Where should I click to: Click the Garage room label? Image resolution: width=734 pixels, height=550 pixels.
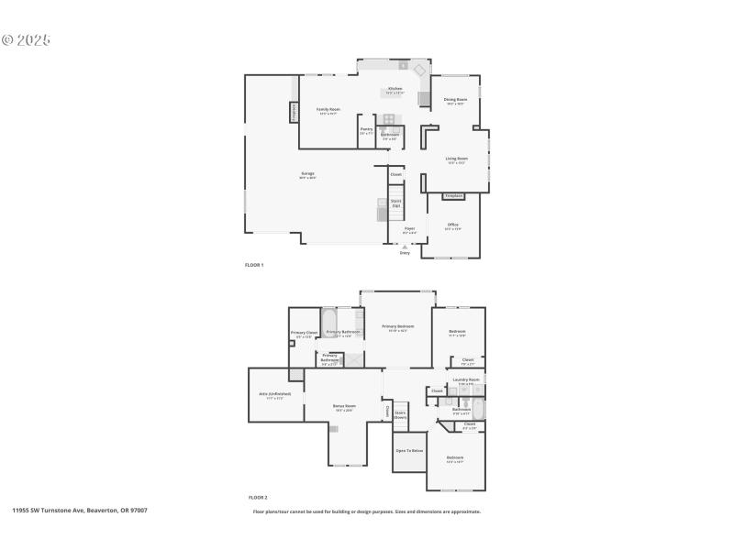307,173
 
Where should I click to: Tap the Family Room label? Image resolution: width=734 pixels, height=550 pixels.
328,109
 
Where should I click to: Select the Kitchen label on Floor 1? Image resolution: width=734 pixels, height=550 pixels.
395,89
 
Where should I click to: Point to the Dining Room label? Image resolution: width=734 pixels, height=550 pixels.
456,99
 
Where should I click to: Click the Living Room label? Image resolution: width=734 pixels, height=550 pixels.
457,159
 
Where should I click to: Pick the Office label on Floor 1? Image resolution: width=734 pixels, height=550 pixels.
452,225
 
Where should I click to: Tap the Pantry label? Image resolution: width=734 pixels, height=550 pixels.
366,129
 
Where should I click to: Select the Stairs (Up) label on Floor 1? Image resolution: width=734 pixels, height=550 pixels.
396,203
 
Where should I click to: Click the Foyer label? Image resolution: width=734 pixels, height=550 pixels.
410,228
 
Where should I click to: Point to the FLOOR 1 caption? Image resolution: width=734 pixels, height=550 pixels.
254,265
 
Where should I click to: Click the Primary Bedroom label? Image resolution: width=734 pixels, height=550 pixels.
398,326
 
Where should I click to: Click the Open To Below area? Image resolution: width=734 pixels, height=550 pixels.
409,451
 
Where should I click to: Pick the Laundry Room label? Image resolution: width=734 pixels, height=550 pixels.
466,379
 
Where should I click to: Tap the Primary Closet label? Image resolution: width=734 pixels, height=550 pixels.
305,333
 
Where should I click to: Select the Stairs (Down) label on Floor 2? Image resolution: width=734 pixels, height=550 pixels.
401,414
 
